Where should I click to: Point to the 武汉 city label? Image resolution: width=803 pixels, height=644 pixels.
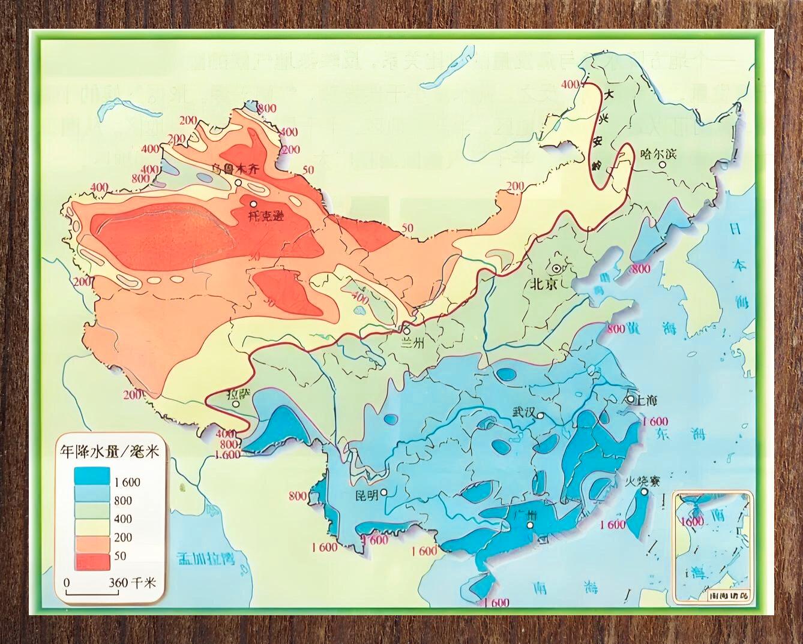(523, 413)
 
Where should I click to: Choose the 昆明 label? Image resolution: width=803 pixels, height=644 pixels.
(366, 495)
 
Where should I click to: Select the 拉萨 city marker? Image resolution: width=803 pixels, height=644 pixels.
(236, 404)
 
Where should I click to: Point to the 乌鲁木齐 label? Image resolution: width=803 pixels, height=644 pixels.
(238, 170)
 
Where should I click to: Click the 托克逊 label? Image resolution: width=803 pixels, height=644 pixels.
(264, 216)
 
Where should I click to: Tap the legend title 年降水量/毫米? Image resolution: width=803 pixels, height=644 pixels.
(108, 452)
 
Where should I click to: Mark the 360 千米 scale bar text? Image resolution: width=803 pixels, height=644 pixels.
(131, 582)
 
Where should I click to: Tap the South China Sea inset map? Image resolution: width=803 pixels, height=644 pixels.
(713, 546)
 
